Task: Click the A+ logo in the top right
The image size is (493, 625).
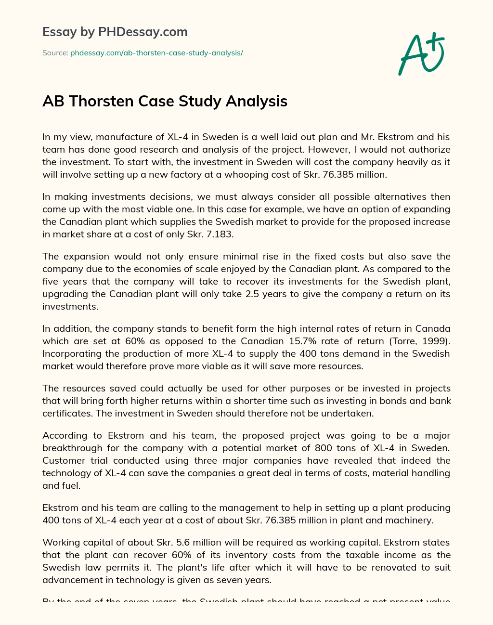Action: click(422, 53)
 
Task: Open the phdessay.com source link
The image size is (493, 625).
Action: click(156, 53)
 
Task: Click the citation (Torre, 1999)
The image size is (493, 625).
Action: click(422, 341)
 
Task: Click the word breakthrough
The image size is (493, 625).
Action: click(74, 448)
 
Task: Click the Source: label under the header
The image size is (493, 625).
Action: click(55, 53)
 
